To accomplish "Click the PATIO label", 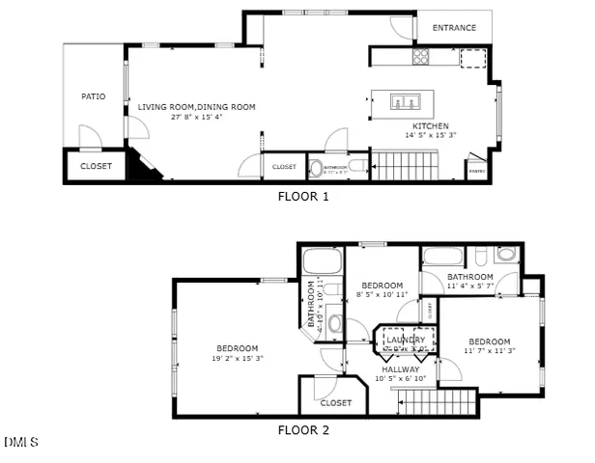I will (94, 96).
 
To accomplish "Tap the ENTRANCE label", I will (454, 27).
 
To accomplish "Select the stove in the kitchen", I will (422, 57).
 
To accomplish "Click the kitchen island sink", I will (405, 100).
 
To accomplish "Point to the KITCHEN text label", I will (430, 126).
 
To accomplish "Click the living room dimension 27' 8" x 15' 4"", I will (197, 118).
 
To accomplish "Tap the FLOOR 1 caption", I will (303, 196).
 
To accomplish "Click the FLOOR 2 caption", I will (303, 430).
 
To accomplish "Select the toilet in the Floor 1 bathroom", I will (317, 168).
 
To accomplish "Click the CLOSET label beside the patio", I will (96, 166).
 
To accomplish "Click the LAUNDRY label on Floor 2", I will (406, 340).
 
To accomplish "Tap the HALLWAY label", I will (400, 368).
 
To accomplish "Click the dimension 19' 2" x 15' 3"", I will (237, 358).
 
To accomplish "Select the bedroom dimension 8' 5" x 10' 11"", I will (382, 295).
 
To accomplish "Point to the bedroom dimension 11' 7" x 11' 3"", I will (490, 352).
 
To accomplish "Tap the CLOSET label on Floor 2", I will (336, 402).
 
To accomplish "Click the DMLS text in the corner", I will (20, 443).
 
